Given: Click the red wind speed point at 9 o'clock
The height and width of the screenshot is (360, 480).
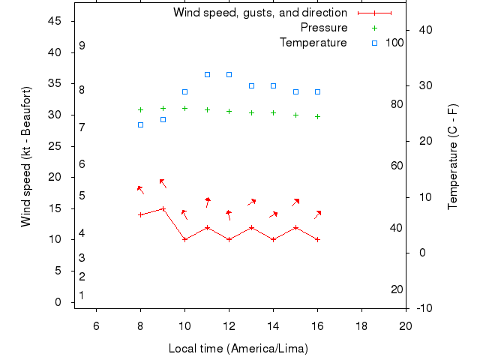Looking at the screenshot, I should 163,208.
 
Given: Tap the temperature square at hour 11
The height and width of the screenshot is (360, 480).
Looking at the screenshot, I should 207,74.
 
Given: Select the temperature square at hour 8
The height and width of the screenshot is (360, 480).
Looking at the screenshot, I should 140,124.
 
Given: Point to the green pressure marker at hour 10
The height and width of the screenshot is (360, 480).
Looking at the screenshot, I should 184,108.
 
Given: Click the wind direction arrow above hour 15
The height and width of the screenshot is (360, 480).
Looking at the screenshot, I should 295,202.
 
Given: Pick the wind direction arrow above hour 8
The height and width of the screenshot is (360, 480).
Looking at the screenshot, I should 139,189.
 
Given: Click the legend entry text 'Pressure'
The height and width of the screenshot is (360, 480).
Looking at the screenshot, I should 323,28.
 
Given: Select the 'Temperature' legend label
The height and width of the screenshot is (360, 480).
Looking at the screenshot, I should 313,43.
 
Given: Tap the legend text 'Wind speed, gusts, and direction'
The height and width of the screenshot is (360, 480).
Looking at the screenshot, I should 259,13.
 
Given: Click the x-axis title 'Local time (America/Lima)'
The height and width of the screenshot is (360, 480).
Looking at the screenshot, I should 238,349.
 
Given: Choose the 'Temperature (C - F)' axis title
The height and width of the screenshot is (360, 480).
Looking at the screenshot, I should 453,156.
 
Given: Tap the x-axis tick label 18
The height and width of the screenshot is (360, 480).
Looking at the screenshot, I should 361,325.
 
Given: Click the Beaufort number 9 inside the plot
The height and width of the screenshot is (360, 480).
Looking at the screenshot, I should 82,46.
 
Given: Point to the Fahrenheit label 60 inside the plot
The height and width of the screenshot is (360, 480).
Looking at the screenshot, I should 397,166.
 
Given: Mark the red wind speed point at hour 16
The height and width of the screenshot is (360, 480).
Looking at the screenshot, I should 318,239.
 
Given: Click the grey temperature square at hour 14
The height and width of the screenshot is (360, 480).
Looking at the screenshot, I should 273,85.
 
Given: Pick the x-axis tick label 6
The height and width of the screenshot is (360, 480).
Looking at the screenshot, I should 96,325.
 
